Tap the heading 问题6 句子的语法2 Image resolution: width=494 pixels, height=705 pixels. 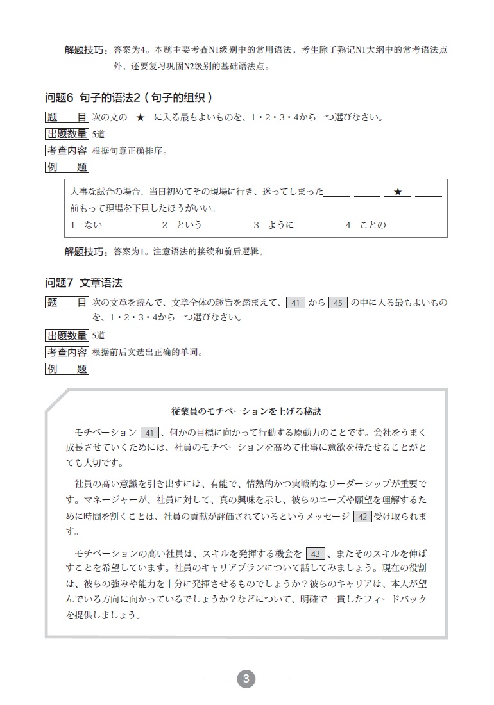pyautogui.click(x=128, y=98)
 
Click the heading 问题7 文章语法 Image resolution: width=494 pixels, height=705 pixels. pyautogui.click(x=83, y=282)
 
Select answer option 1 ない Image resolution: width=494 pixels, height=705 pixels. pyautogui.click(x=87, y=225)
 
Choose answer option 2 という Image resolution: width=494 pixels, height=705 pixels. pyautogui.click(x=182, y=225)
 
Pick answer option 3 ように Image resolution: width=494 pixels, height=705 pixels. pyautogui.click(x=274, y=225)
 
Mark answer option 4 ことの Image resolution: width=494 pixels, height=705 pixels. pyautogui.click(x=366, y=225)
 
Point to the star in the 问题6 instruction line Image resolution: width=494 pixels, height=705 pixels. pyautogui.click(x=141, y=118)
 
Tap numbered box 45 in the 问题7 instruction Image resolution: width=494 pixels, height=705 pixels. pyautogui.click(x=337, y=303)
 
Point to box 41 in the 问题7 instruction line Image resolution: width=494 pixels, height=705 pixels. pyautogui.click(x=295, y=303)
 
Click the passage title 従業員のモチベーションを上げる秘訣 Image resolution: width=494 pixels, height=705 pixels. pyautogui.click(x=246, y=410)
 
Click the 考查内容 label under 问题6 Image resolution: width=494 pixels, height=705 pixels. pyautogui.click(x=67, y=151)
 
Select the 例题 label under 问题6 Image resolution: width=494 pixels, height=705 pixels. pyautogui.click(x=67, y=168)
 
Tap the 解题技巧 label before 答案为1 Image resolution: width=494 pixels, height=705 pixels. pyautogui.click(x=87, y=252)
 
